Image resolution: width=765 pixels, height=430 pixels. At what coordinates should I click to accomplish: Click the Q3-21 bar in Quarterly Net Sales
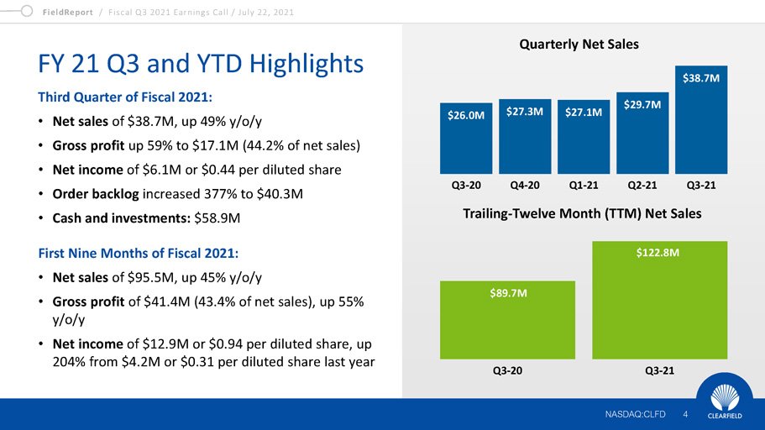(x=701, y=118)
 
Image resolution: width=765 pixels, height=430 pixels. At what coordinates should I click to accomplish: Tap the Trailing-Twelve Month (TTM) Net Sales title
(x=582, y=214)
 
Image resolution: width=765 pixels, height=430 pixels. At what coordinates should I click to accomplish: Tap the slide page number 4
(x=685, y=414)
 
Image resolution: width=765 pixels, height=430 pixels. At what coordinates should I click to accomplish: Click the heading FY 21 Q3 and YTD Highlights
(x=202, y=63)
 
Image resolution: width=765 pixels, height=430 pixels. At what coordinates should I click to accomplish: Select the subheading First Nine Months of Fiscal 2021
(x=131, y=252)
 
